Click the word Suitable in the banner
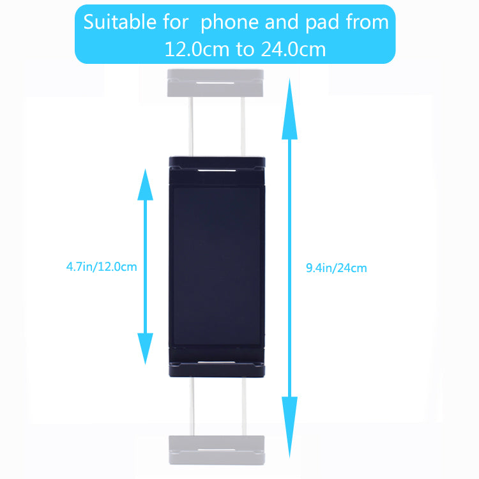(x=120, y=22)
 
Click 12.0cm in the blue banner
(x=197, y=49)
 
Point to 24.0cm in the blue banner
(x=293, y=49)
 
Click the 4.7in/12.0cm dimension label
(x=102, y=267)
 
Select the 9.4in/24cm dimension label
(x=337, y=268)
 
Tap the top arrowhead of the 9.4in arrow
(x=289, y=109)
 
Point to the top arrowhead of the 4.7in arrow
(x=145, y=185)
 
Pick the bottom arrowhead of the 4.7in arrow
(x=145, y=349)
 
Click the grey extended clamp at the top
(x=215, y=83)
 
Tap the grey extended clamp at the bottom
(x=217, y=450)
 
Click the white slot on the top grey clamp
(x=215, y=83)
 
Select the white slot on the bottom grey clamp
(x=217, y=450)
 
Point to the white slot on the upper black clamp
(x=217, y=170)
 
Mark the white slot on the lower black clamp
(x=217, y=362)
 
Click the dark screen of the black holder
(x=217, y=266)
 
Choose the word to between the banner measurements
(x=245, y=49)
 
